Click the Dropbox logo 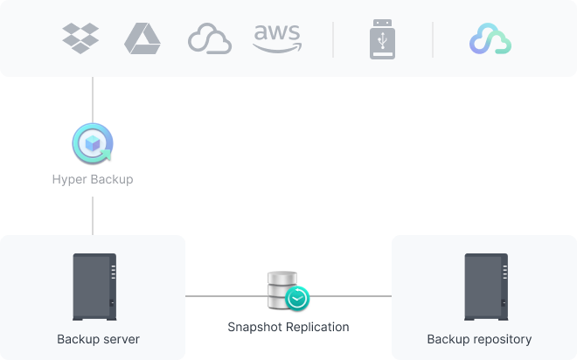click(80, 38)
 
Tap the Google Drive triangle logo click(142, 38)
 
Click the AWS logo click(276, 38)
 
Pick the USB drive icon click(382, 39)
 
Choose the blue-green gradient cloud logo click(490, 39)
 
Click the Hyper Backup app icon click(92, 143)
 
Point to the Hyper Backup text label click(92, 180)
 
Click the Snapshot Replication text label click(288, 327)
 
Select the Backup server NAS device click(94, 286)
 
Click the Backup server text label click(98, 339)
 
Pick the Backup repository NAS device click(484, 286)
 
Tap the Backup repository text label click(479, 339)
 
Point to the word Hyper click(67, 180)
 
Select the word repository click(499, 339)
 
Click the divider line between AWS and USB click(333, 39)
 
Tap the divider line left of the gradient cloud click(433, 39)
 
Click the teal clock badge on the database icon click(296, 299)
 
